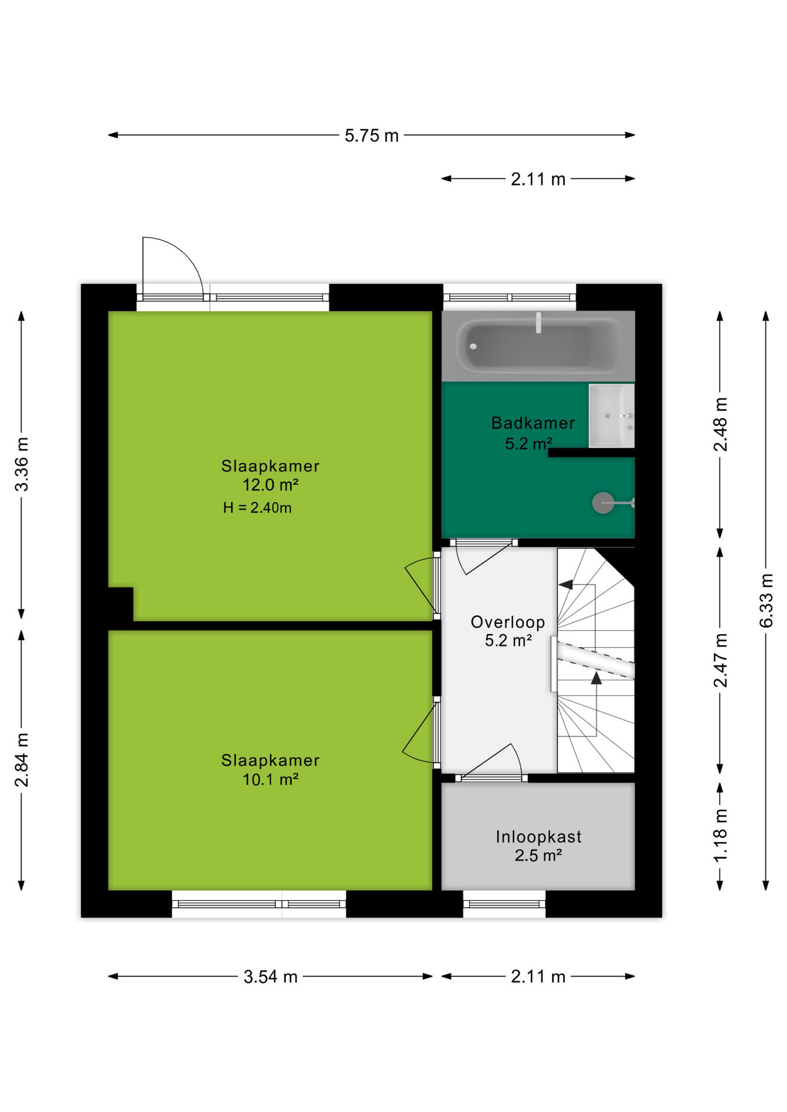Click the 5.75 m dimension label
tap(371, 136)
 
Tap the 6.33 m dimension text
tap(766, 601)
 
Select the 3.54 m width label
tap(270, 977)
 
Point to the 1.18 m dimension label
tap(720, 835)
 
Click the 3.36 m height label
tap(21, 464)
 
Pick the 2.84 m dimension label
tap(21, 760)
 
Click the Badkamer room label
tap(533, 423)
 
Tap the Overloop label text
tap(508, 622)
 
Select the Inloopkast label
tap(538, 836)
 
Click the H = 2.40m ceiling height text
tap(257, 508)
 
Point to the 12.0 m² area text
tap(270, 485)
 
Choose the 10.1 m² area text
tap(270, 780)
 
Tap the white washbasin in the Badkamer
tap(611, 416)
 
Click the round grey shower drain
tap(603, 503)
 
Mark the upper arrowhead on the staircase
tap(566, 585)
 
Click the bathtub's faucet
tap(538, 323)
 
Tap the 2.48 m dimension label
tap(720, 425)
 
